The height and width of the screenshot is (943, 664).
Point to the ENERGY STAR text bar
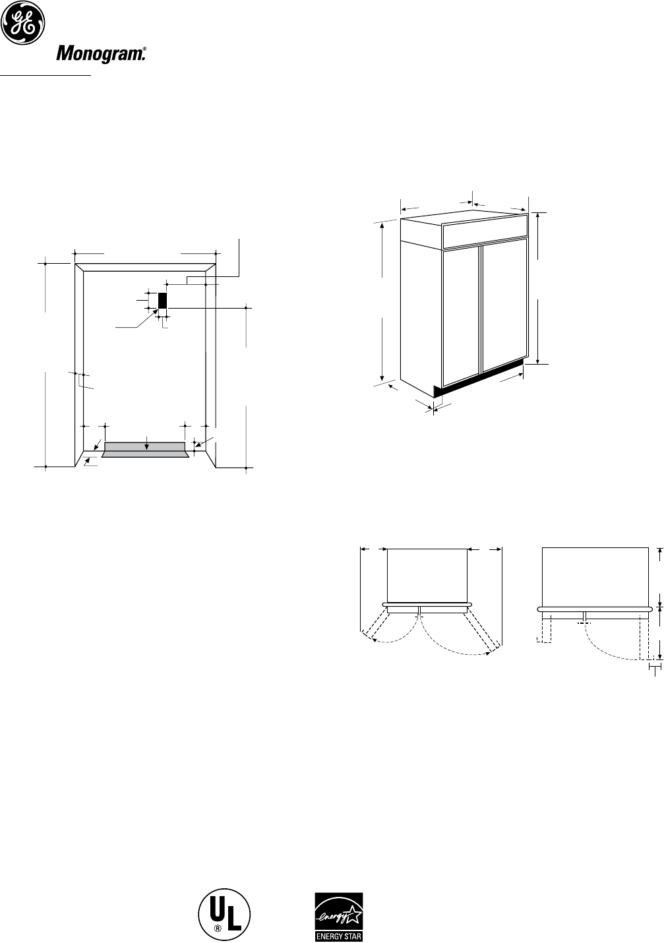point(338,934)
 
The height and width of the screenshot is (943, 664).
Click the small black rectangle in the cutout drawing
point(162,301)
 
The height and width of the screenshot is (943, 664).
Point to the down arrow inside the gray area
point(146,446)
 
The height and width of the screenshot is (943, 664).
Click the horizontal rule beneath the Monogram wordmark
point(45,75)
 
